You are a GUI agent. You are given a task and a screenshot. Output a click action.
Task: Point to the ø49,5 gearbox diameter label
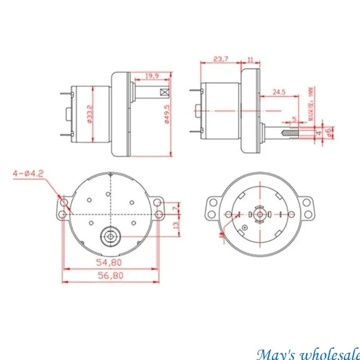pyautogui.click(x=166, y=116)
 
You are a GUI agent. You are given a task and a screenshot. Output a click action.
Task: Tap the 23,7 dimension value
pyautogui.click(x=220, y=59)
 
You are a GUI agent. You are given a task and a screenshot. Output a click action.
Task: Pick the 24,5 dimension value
pyautogui.click(x=279, y=92)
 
